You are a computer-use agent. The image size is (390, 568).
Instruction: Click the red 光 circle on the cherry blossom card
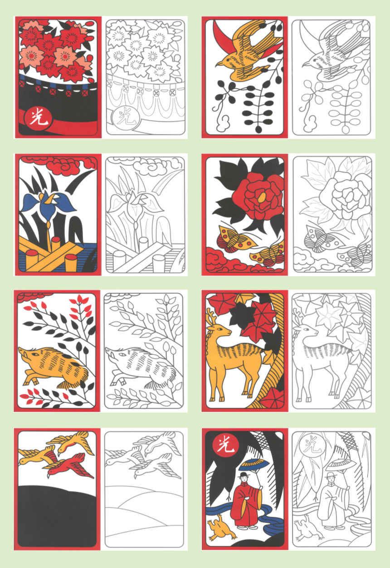coord(38,119)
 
